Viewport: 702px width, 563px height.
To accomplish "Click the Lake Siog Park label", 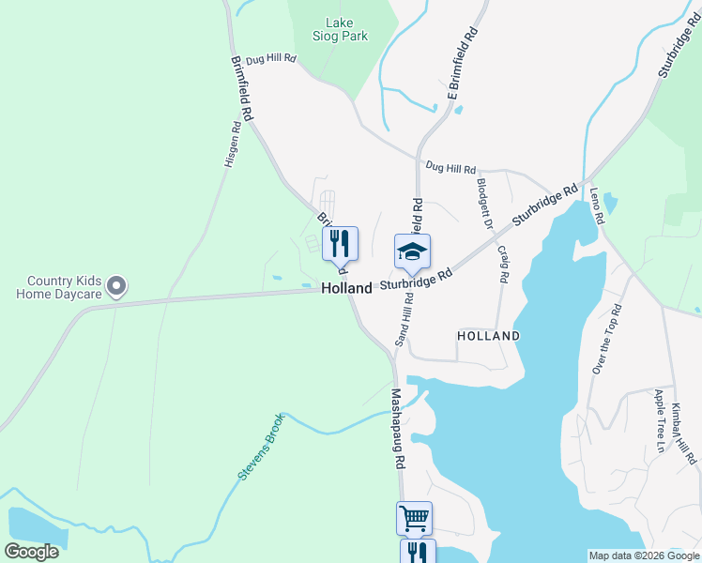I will (x=340, y=29).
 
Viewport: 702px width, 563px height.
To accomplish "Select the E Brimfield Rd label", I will (x=463, y=64).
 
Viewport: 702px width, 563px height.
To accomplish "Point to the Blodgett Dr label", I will (x=484, y=204).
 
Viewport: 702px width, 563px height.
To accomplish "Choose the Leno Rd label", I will (x=597, y=205).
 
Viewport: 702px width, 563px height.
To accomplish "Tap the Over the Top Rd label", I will (x=606, y=339).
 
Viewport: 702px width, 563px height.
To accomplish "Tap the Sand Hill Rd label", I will (x=404, y=318).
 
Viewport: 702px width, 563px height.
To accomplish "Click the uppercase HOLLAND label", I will (x=488, y=335).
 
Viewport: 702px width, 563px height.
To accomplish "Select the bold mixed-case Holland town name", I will (x=346, y=289).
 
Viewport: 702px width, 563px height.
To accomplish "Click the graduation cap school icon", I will (x=412, y=251).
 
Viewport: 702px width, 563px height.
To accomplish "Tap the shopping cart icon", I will (x=414, y=517).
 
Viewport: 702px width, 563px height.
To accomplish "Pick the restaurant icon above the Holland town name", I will (x=340, y=244).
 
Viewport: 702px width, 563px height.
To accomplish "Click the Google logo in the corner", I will (x=32, y=552).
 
